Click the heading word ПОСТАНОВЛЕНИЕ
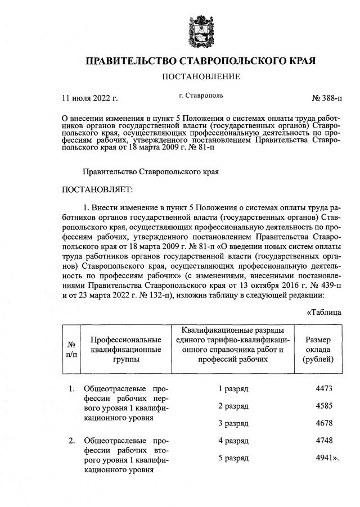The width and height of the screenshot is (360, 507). pos(201,76)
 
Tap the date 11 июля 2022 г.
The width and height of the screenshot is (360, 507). pos(89,98)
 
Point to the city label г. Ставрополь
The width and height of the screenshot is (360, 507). pos(201,96)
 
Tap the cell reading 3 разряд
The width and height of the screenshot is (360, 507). pos(233,423)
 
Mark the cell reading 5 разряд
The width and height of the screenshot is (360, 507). pos(233,458)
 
